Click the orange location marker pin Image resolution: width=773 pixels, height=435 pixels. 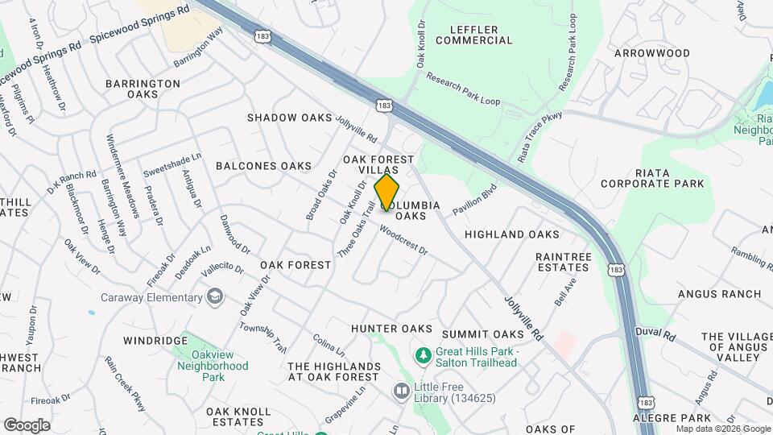pos(387,193)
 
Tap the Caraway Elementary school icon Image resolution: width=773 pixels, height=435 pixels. pos(214,297)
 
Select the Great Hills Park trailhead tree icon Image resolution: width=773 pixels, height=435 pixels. pos(422,354)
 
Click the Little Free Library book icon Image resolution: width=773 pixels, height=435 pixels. pos(401,391)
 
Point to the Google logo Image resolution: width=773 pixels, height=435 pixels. pos(27,425)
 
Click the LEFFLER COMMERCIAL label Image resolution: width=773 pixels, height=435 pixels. pos(468,35)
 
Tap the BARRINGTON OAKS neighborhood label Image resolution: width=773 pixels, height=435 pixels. pos(143,89)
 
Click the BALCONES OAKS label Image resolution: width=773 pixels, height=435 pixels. pos(263,166)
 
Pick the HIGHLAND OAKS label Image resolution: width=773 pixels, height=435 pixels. pos(511,234)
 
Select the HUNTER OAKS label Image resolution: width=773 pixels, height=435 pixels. pos(391,329)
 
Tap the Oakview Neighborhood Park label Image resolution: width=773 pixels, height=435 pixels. pos(213,365)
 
